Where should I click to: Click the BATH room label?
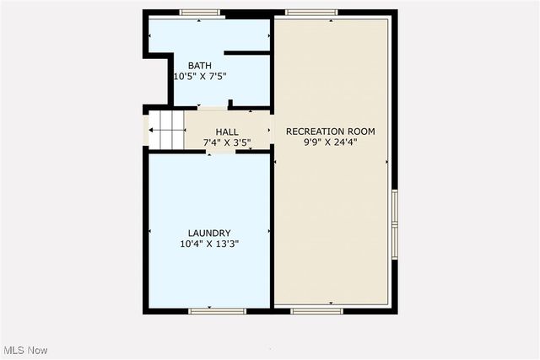(x=200, y=66)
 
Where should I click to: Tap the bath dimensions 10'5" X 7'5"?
(x=200, y=77)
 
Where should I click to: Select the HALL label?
(x=227, y=132)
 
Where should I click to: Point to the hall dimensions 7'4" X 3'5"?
(x=227, y=142)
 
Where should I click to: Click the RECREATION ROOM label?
(x=331, y=132)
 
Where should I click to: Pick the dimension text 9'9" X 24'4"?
(x=331, y=142)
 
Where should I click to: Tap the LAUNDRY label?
(x=209, y=234)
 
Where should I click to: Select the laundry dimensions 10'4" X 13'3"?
(x=209, y=244)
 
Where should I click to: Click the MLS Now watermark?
(x=25, y=350)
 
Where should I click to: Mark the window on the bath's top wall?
(x=200, y=13)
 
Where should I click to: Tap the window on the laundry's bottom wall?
(x=217, y=311)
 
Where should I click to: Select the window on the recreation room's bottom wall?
(x=317, y=311)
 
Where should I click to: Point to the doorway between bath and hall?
(x=213, y=108)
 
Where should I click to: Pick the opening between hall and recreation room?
(x=273, y=132)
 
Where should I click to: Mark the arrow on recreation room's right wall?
(x=387, y=162)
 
